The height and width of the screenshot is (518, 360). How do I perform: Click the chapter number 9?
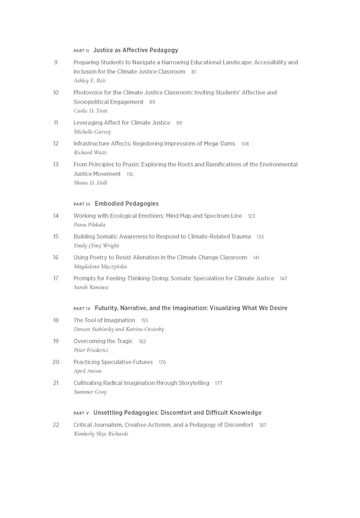coord(56,62)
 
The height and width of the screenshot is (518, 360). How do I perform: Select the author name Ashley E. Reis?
coord(89,81)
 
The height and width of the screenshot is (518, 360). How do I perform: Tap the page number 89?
coord(152,102)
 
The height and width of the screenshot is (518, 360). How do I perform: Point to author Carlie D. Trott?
coord(91,111)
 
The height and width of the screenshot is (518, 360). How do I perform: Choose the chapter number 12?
coord(56,143)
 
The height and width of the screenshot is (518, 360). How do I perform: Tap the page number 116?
coord(130,174)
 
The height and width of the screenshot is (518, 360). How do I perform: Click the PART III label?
coord(82,204)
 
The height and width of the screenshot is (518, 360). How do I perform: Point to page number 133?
coord(260,237)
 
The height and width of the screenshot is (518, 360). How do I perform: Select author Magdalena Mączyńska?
coord(100,267)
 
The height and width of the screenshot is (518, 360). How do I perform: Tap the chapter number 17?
coord(56,278)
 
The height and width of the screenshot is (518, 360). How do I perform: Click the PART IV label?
coord(82,309)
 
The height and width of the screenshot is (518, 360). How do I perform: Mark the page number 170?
coord(162,363)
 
